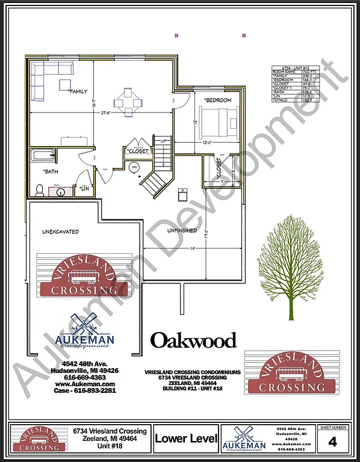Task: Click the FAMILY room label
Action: coord(79,91)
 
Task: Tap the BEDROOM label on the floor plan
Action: coord(217,100)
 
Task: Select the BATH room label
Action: coord(50,171)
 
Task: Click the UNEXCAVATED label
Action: coord(60,231)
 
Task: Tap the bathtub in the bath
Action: coord(43,157)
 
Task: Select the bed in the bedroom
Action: coord(216,125)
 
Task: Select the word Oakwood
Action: coord(193,340)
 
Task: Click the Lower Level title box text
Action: coord(185,439)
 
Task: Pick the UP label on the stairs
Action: coord(163,141)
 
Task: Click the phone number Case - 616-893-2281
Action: coord(85,390)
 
